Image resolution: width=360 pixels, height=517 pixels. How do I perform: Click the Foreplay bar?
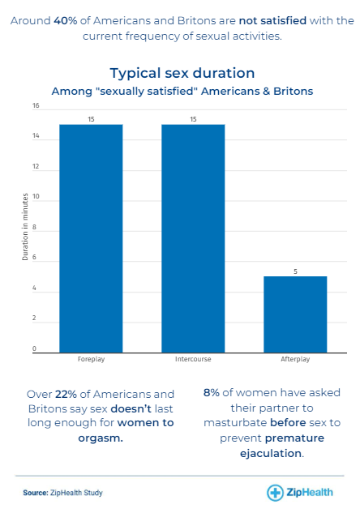point(91,238)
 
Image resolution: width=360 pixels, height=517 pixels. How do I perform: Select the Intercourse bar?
point(193,238)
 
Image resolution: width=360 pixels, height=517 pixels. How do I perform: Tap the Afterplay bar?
point(295,314)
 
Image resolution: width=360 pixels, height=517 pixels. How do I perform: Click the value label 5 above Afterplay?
point(295,271)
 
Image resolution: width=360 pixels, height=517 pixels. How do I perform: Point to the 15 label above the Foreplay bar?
point(91,119)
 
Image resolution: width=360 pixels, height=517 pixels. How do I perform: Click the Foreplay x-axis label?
point(91,359)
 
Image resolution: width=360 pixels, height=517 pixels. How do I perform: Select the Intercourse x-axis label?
point(193,359)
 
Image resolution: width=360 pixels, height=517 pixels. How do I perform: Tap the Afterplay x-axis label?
point(295,359)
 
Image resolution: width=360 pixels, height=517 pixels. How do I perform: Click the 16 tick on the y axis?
point(36,105)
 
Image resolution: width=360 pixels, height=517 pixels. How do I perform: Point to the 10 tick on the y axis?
point(36,197)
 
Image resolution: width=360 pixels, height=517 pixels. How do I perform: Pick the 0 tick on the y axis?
point(34,348)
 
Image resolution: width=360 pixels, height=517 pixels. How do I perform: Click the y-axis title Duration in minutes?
point(25,227)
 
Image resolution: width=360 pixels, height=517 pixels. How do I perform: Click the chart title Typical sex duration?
point(182,73)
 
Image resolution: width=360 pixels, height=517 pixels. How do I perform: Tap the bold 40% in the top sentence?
point(66,21)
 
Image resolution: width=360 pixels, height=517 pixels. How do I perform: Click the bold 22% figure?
point(66,394)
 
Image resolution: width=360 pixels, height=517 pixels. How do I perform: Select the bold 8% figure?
point(211,393)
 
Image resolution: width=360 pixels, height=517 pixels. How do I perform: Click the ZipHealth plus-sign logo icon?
point(275,493)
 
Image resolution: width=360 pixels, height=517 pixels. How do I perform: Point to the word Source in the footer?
point(36,493)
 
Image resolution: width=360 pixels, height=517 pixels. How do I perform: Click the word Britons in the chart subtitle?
point(293,91)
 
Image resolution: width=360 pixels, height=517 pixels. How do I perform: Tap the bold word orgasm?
point(101,438)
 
